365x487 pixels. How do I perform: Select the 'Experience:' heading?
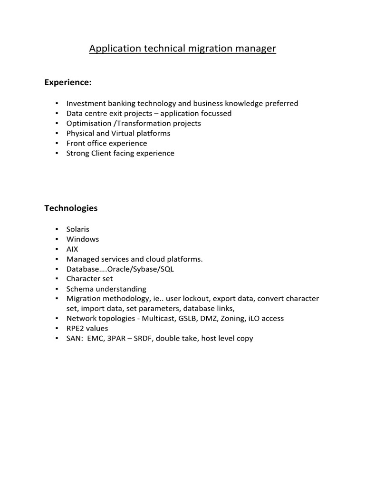(68, 83)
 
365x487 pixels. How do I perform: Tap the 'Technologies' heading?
(71, 208)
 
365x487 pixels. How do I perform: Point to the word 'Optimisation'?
(87, 123)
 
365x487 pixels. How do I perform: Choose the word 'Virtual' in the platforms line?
(123, 133)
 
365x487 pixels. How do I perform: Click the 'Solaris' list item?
(78, 229)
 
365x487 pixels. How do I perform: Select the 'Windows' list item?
(83, 239)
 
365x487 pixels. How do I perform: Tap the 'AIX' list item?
(73, 249)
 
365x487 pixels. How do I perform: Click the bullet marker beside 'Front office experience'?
(57, 143)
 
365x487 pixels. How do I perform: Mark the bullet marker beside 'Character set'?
(57, 279)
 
